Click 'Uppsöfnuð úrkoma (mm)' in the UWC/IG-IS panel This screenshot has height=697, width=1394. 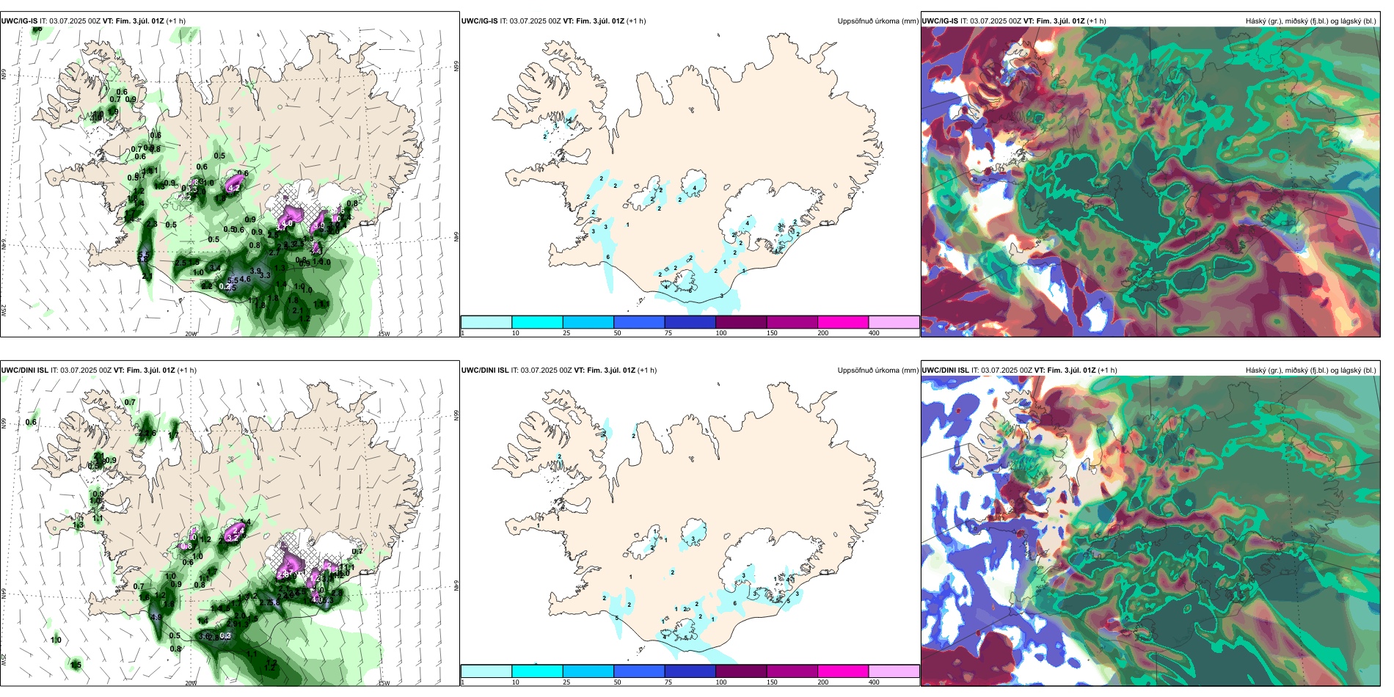click(877, 21)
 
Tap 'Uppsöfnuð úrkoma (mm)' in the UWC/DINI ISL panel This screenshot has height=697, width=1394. click(877, 371)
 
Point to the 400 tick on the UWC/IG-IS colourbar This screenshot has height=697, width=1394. click(874, 333)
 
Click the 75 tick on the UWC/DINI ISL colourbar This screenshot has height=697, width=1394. click(668, 682)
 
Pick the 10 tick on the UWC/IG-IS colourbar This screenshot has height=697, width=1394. click(515, 333)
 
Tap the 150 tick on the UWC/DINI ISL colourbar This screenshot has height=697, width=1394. click(772, 682)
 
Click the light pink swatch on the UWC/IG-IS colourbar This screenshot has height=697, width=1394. click(894, 322)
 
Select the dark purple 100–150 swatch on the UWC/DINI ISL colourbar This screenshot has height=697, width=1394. click(741, 671)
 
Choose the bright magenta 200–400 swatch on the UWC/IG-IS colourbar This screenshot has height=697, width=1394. click(843, 322)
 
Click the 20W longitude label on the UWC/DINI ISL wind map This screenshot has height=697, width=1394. click(191, 683)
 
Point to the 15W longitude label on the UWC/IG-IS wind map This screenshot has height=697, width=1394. click(383, 334)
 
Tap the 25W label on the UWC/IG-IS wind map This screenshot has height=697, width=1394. click(4, 310)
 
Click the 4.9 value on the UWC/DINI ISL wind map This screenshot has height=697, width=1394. click(156, 618)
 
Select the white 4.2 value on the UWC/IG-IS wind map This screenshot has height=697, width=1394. click(234, 189)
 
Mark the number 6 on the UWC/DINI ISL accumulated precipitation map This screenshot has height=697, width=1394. click(735, 604)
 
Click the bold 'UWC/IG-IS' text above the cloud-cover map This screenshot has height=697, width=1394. click(940, 21)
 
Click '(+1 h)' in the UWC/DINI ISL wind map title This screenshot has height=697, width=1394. click(186, 371)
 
